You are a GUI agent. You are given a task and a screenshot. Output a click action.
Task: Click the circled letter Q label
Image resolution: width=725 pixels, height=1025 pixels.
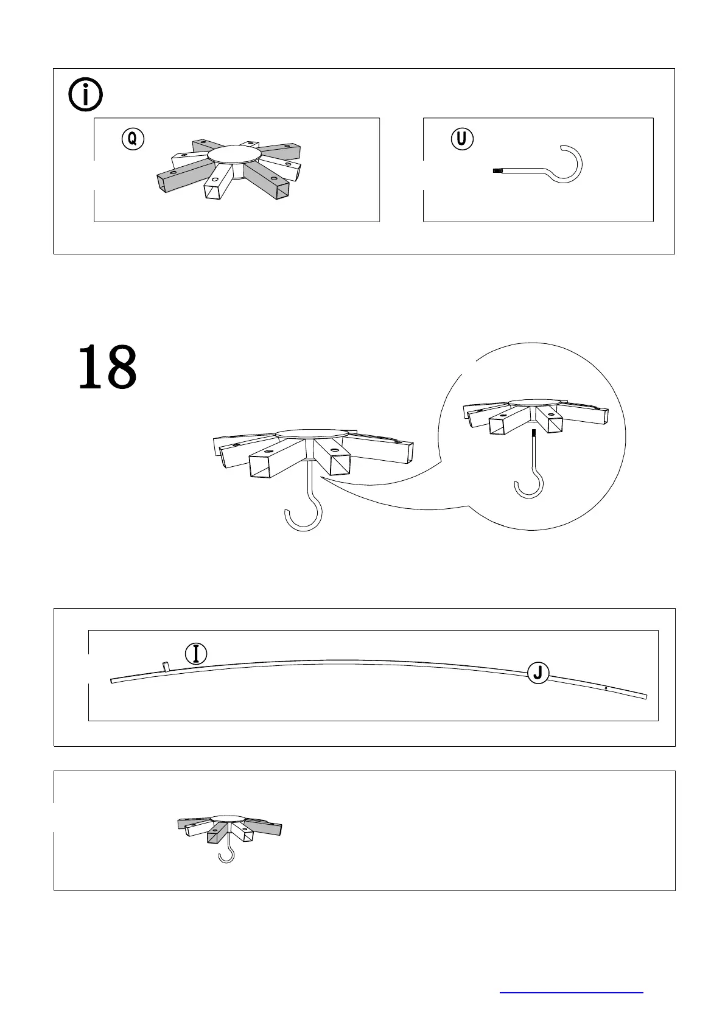pyautogui.click(x=133, y=139)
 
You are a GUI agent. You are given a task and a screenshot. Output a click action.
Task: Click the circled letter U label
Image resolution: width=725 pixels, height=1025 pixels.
pyautogui.click(x=462, y=139)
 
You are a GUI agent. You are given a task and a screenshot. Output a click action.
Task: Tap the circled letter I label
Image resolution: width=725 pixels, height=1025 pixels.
pyautogui.click(x=196, y=654)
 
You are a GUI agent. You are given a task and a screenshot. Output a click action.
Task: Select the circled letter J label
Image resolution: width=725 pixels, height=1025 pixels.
pyautogui.click(x=538, y=673)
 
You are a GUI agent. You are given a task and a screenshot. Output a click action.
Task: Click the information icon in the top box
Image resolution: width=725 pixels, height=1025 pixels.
pyautogui.click(x=86, y=96)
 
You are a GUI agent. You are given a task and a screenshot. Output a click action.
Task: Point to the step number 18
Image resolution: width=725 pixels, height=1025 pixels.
pyautogui.click(x=108, y=367)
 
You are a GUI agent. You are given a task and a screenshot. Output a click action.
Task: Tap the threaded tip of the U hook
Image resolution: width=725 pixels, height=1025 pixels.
pyautogui.click(x=496, y=172)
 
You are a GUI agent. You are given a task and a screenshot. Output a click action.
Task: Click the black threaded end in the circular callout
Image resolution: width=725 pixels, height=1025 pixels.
pyautogui.click(x=533, y=434)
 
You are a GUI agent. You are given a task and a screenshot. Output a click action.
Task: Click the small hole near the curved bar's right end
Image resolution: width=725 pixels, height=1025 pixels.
pyautogui.click(x=606, y=688)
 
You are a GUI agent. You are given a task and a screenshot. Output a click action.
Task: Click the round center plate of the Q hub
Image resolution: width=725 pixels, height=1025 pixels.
pyautogui.click(x=233, y=155)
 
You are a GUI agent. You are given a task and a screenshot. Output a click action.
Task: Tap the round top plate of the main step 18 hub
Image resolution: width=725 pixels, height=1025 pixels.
pyautogui.click(x=311, y=433)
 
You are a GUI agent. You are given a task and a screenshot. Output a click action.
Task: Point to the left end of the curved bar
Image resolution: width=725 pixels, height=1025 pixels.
pyautogui.click(x=113, y=680)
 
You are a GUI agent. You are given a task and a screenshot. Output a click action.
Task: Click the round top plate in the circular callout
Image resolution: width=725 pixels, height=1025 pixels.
pyautogui.click(x=534, y=403)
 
